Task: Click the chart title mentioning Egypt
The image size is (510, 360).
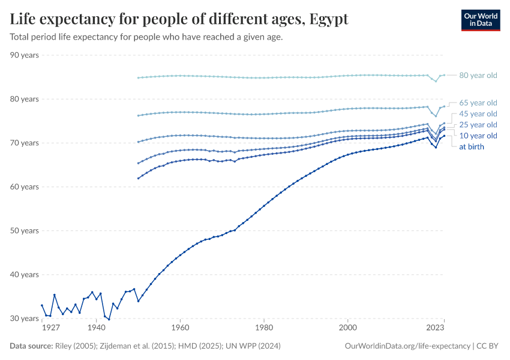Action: pyautogui.click(x=179, y=19)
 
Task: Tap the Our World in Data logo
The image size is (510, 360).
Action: pyautogui.click(x=480, y=19)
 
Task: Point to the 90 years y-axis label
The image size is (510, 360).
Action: pyautogui.click(x=25, y=55)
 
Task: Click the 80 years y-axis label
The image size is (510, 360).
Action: pyautogui.click(x=25, y=99)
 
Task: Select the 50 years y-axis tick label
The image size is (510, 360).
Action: pyautogui.click(x=25, y=231)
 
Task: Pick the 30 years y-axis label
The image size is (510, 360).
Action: pyautogui.click(x=25, y=319)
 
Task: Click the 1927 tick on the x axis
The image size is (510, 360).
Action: pyautogui.click(x=50, y=329)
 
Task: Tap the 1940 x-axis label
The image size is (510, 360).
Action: pyautogui.click(x=96, y=329)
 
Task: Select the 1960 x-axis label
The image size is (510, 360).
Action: pyautogui.click(x=180, y=329)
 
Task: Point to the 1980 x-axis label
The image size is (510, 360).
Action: pyautogui.click(x=264, y=329)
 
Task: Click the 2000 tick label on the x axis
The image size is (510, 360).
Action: pyautogui.click(x=348, y=329)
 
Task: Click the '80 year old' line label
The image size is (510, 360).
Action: pyautogui.click(x=478, y=76)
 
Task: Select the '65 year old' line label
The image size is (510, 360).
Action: pyautogui.click(x=478, y=103)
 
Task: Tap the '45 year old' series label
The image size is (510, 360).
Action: pyautogui.click(x=478, y=114)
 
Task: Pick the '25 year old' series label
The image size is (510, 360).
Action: pyautogui.click(x=478, y=125)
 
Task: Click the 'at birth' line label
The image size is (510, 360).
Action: pyautogui.click(x=472, y=146)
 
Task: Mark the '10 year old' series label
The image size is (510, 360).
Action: pyautogui.click(x=478, y=136)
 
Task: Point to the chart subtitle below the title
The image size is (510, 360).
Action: pyautogui.click(x=146, y=37)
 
